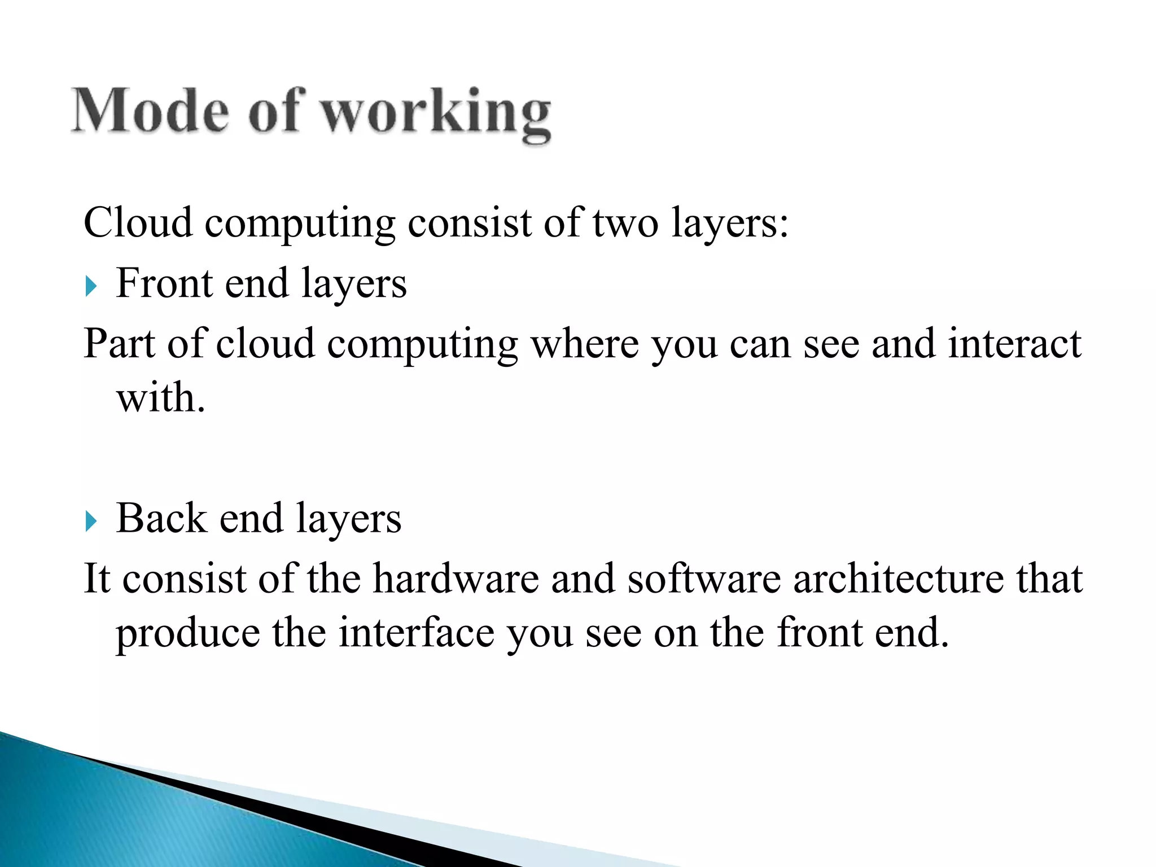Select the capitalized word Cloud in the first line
point(138,222)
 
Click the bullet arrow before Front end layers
point(91,286)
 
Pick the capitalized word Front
point(164,283)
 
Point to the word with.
point(160,397)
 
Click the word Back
point(161,518)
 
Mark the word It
point(97,579)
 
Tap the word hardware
point(456,579)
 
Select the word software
point(704,579)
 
